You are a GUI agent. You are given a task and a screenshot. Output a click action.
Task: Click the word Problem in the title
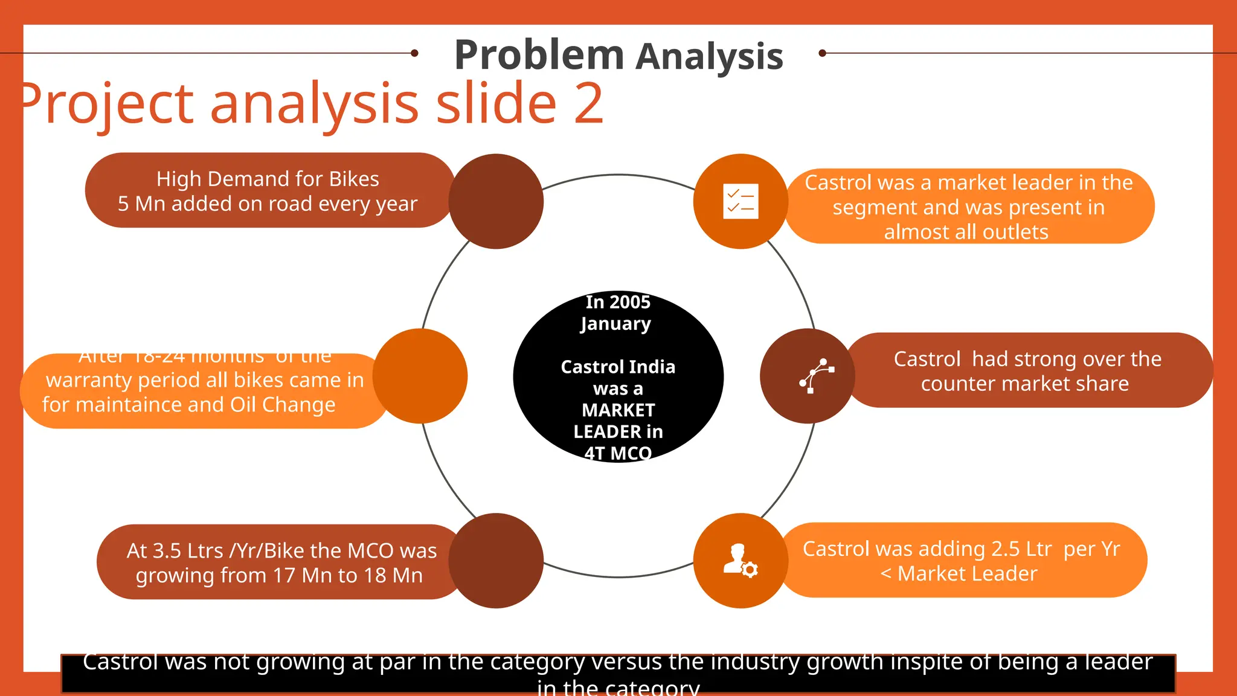pyautogui.click(x=539, y=56)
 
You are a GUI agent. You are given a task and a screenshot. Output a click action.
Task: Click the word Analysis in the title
pyautogui.click(x=709, y=57)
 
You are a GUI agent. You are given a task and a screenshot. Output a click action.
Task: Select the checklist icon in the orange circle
pyautogui.click(x=741, y=201)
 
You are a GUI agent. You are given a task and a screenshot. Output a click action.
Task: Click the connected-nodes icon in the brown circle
pyautogui.click(x=816, y=376)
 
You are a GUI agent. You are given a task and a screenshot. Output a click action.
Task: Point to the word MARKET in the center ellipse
pyautogui.click(x=618, y=410)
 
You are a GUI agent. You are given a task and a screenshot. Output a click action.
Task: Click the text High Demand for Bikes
pyautogui.click(x=268, y=179)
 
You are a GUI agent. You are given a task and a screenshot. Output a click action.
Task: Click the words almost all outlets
pyautogui.click(x=966, y=232)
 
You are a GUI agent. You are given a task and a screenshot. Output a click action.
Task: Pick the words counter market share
pyautogui.click(x=1024, y=384)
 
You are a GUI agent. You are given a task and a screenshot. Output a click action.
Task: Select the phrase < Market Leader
pyautogui.click(x=959, y=573)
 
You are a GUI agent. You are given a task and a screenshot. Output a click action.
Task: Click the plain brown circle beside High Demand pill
pyautogui.click(x=496, y=201)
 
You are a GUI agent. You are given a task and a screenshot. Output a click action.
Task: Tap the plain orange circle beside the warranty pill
pyautogui.click(x=420, y=376)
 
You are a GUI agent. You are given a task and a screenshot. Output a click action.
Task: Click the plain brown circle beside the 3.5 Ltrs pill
pyautogui.click(x=496, y=561)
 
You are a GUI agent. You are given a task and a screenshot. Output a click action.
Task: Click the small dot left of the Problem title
pyautogui.click(x=414, y=53)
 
